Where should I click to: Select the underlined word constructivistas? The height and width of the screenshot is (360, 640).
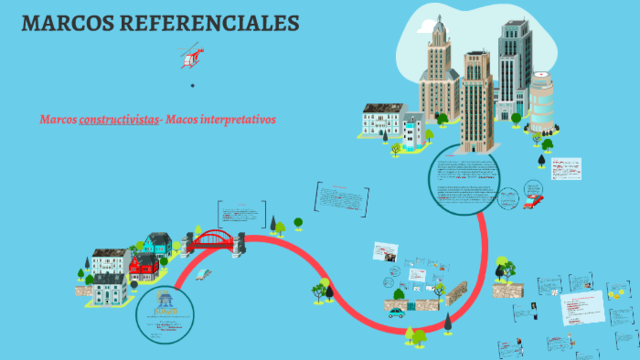(x=120, y=119)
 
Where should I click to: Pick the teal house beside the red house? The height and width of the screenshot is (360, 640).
(x=158, y=244)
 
